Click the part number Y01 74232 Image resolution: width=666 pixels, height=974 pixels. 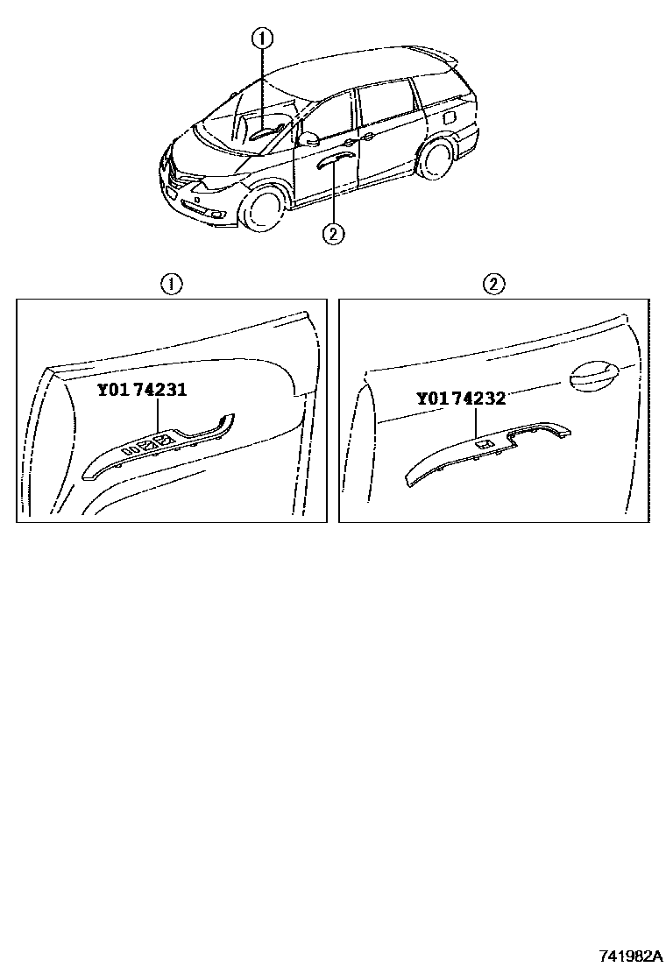(x=460, y=399)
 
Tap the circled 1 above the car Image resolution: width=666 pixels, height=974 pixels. (x=261, y=39)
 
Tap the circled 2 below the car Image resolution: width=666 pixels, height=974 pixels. (x=333, y=234)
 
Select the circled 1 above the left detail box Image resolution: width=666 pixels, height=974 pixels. (x=172, y=286)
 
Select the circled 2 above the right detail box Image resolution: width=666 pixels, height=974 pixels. (x=494, y=286)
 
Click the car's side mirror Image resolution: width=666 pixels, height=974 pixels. (x=308, y=138)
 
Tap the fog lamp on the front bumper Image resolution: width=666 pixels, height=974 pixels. (x=218, y=215)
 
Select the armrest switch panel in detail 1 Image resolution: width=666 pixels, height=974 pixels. (x=159, y=445)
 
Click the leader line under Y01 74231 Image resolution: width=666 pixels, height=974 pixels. (x=159, y=416)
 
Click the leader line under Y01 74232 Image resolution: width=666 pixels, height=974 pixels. (x=476, y=422)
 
